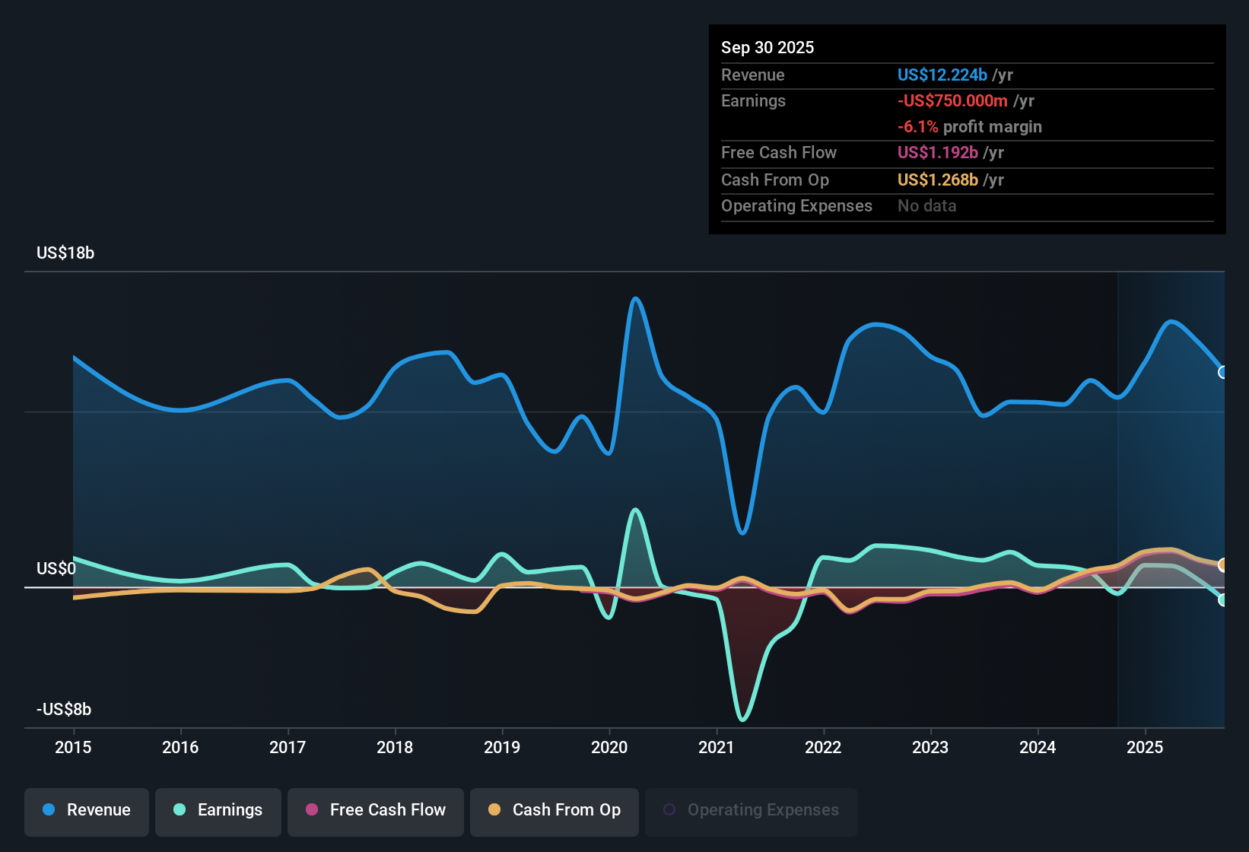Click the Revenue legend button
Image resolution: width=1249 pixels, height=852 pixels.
pyautogui.click(x=87, y=810)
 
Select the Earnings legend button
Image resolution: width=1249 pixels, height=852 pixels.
pyautogui.click(x=218, y=810)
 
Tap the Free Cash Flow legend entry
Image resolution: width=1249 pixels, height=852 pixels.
pyautogui.click(x=376, y=810)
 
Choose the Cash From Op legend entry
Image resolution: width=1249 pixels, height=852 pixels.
pyautogui.click(x=555, y=810)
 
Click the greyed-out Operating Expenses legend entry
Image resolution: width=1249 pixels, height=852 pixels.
pyautogui.click(x=752, y=810)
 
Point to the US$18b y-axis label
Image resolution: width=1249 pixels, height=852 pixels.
pyautogui.click(x=65, y=253)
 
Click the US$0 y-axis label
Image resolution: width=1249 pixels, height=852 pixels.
pyautogui.click(x=56, y=569)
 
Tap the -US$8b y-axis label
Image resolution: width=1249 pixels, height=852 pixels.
pyautogui.click(x=64, y=710)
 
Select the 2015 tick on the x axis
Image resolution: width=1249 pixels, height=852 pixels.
pyautogui.click(x=73, y=747)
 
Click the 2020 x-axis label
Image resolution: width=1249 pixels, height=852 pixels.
pyautogui.click(x=609, y=747)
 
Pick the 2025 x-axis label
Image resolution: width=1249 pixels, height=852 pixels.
pyautogui.click(x=1145, y=747)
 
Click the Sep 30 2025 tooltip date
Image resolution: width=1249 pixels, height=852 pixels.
pyautogui.click(x=768, y=48)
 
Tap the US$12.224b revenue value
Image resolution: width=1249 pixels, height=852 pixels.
pyautogui.click(x=942, y=75)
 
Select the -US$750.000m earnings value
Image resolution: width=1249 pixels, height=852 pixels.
pyautogui.click(x=952, y=101)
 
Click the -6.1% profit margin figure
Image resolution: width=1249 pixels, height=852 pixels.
pyautogui.click(x=918, y=127)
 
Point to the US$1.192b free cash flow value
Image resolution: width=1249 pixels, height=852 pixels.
pyautogui.click(x=938, y=153)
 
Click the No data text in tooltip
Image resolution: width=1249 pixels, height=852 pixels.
pyautogui.click(x=927, y=206)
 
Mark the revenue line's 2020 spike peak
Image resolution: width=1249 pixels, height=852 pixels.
pyautogui.click(x=636, y=298)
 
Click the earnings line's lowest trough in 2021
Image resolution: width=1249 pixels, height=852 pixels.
pyautogui.click(x=742, y=719)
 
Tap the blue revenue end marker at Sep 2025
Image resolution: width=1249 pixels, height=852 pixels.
pyautogui.click(x=1222, y=372)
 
